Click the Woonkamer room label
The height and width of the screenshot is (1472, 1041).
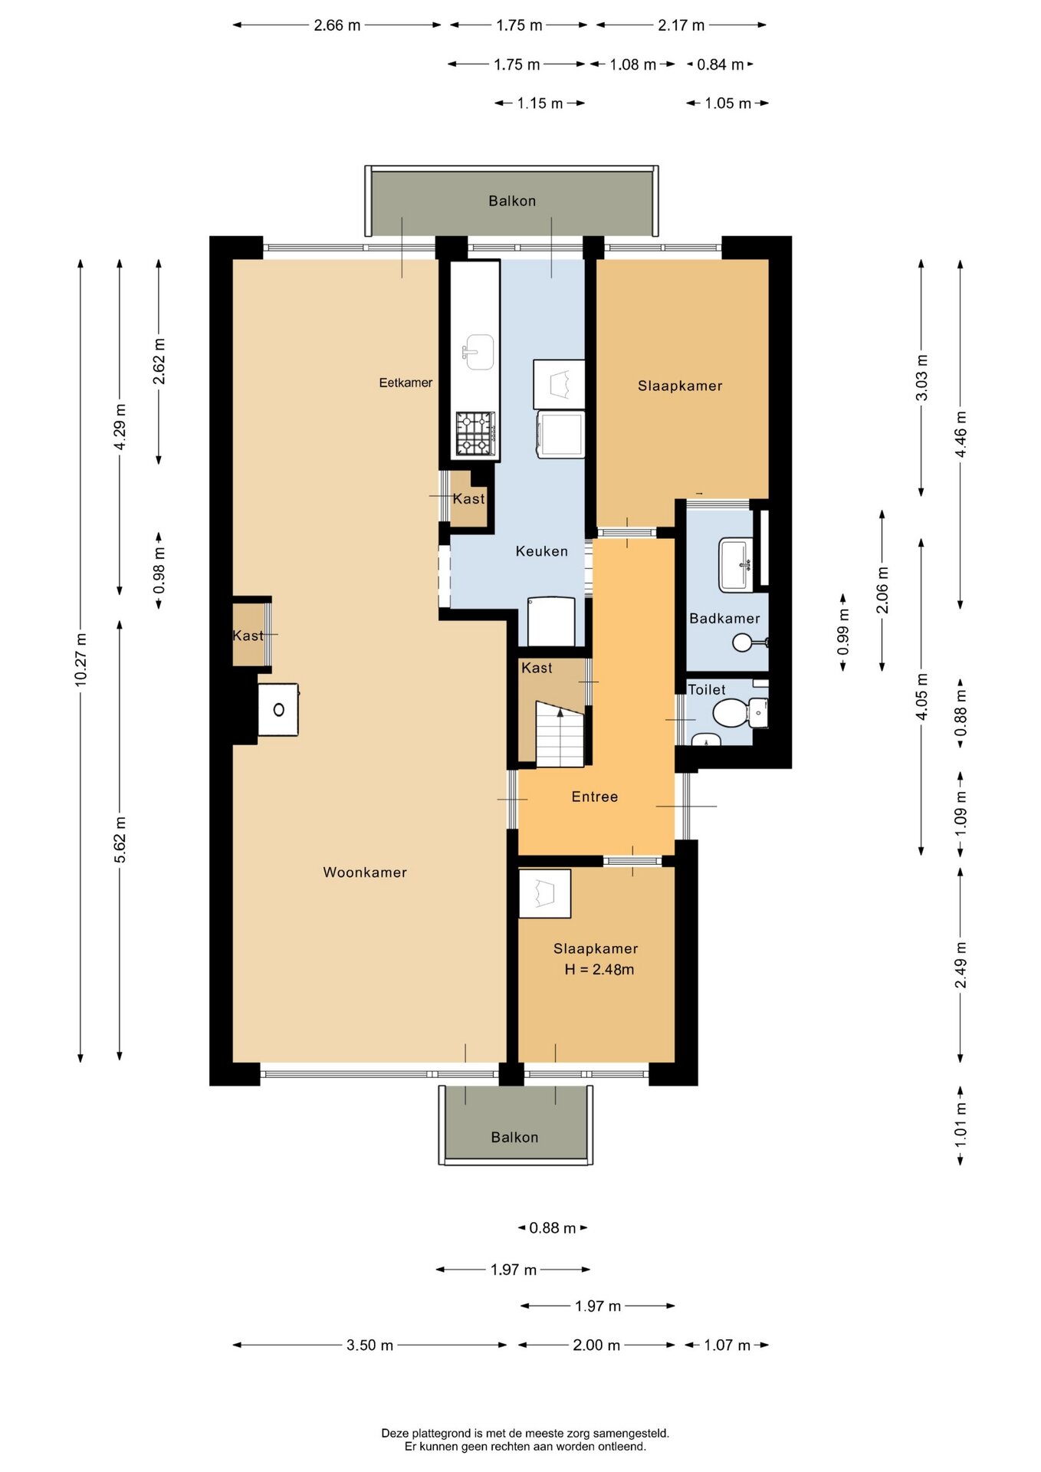(365, 872)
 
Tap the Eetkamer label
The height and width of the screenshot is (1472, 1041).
(406, 383)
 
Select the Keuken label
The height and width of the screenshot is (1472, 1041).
(542, 551)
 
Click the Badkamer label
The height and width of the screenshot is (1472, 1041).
(724, 619)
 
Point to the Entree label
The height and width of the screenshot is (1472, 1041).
(595, 797)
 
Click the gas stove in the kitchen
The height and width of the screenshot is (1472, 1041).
(475, 434)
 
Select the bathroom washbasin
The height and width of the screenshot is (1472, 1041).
(736, 565)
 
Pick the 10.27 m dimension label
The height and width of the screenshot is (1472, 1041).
(81, 659)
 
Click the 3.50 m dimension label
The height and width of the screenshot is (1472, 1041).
(369, 1345)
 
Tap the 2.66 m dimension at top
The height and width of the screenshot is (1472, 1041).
(337, 25)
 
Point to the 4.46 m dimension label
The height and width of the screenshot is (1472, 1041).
(961, 434)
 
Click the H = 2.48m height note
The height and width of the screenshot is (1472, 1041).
(599, 969)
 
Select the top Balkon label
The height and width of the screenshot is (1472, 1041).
(512, 201)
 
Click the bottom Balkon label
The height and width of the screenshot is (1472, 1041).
(514, 1137)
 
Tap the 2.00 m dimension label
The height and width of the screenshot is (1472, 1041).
(596, 1345)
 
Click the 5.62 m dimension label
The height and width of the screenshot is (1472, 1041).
(120, 839)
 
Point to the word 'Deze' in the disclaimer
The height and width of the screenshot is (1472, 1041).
(396, 1433)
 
